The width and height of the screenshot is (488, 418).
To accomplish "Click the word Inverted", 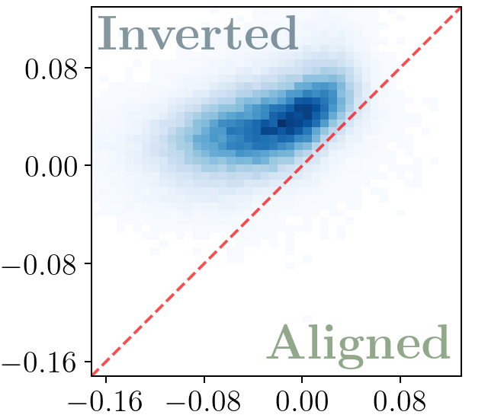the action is [x=198, y=33].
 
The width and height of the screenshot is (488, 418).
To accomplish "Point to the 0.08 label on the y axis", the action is [x=51, y=69].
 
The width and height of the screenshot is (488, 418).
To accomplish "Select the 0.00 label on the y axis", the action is [x=51, y=166].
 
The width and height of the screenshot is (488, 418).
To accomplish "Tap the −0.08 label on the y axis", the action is [x=39, y=264].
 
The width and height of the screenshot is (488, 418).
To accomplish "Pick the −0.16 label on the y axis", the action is [x=39, y=362].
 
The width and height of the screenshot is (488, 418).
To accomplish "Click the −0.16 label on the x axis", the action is [x=105, y=401].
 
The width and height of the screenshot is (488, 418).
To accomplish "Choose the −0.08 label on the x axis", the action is [x=204, y=401].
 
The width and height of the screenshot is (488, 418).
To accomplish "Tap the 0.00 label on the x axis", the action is [x=302, y=401].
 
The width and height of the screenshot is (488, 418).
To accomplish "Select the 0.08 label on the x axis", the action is [x=400, y=401].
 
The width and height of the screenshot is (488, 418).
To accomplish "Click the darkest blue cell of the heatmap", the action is [x=281, y=123].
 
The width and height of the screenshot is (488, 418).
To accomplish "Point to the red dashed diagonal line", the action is [x=276, y=191].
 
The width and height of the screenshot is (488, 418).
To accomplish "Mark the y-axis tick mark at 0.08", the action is [x=88, y=68].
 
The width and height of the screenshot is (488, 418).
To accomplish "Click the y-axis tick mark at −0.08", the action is [x=88, y=263].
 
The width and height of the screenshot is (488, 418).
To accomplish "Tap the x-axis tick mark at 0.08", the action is [x=400, y=379].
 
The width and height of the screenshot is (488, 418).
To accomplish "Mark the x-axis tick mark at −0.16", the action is [x=106, y=379].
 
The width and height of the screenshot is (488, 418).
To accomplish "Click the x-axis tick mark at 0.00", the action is [x=302, y=379].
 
